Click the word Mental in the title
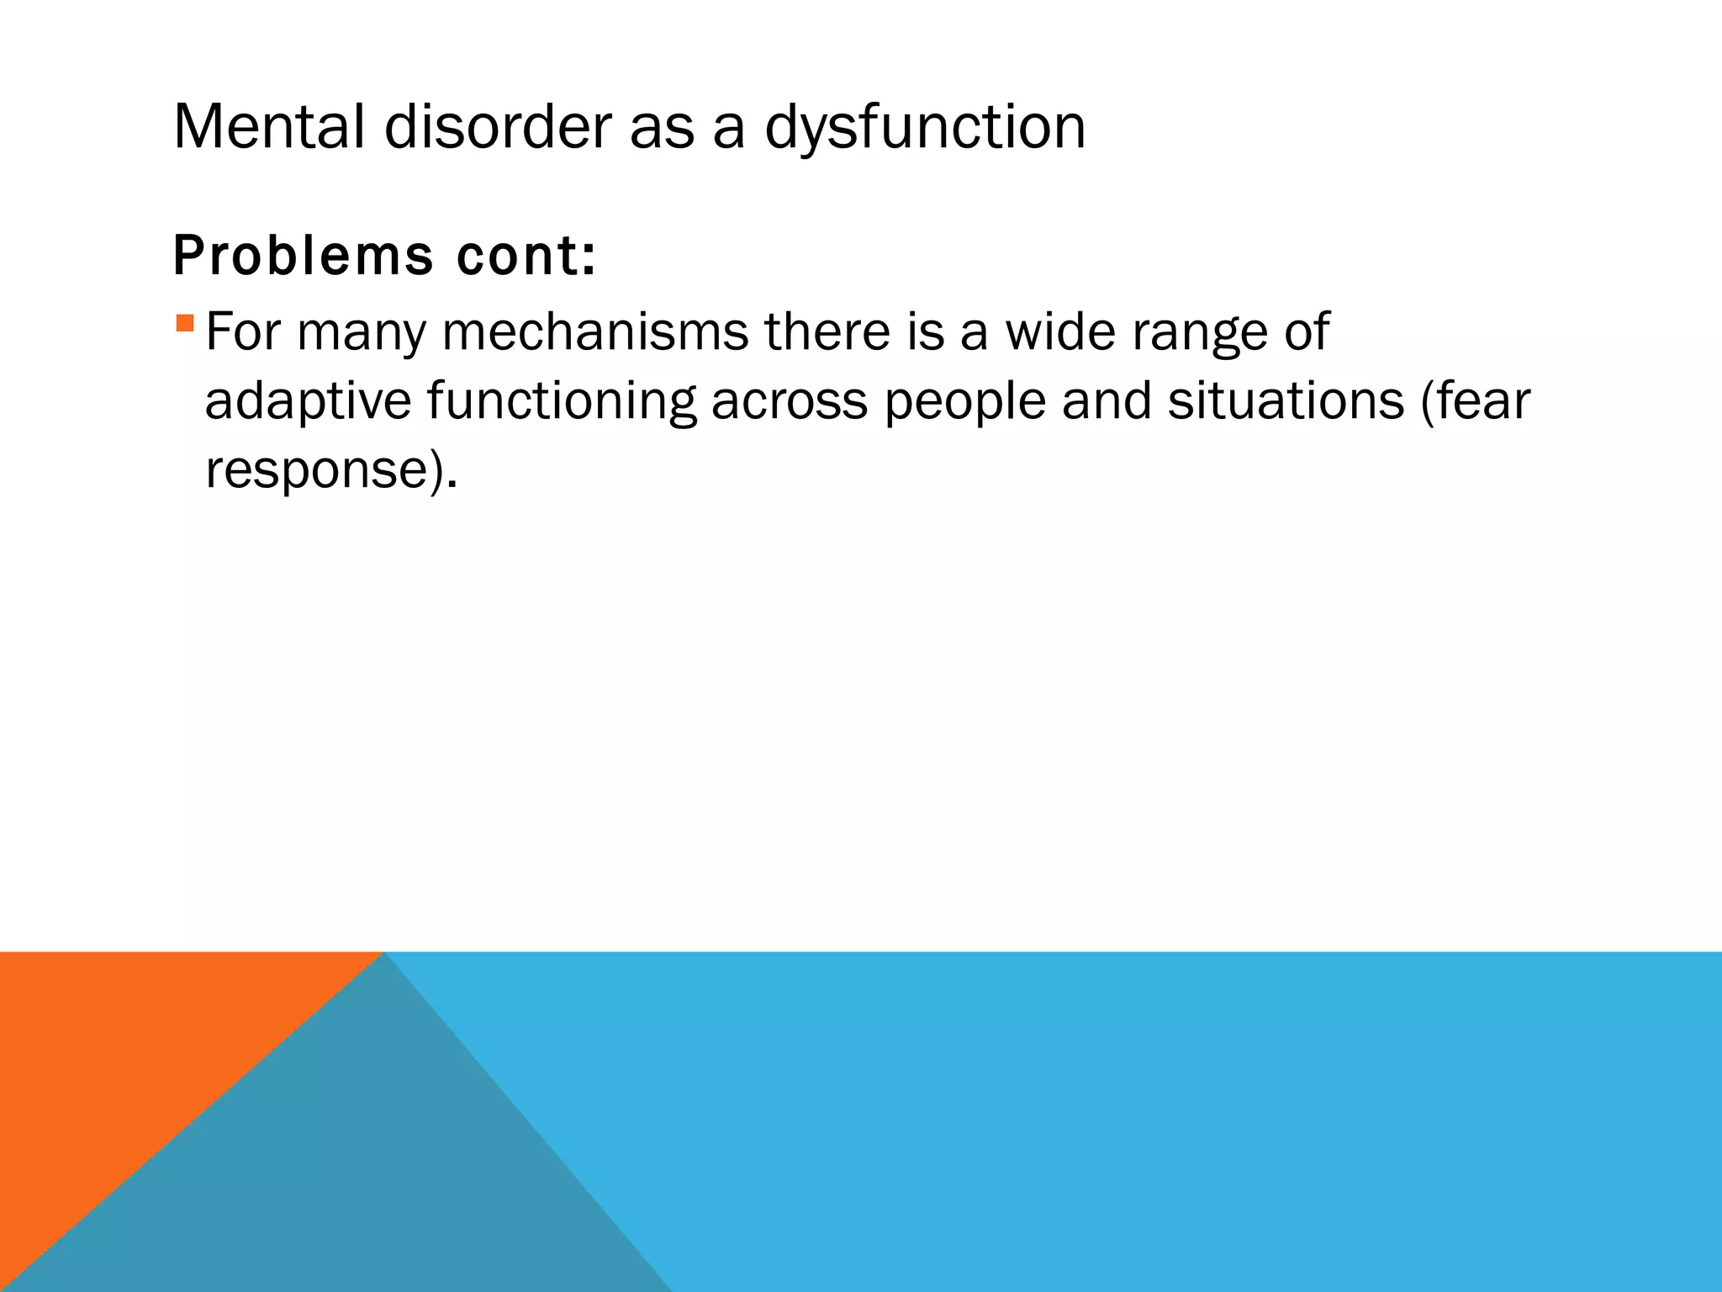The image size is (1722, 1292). [x=268, y=128]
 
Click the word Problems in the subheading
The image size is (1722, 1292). [x=303, y=256]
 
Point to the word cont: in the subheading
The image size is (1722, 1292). [x=526, y=256]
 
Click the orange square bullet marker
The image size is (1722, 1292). [x=185, y=323]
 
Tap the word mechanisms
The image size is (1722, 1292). [x=594, y=331]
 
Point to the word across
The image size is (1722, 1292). [x=789, y=401]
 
